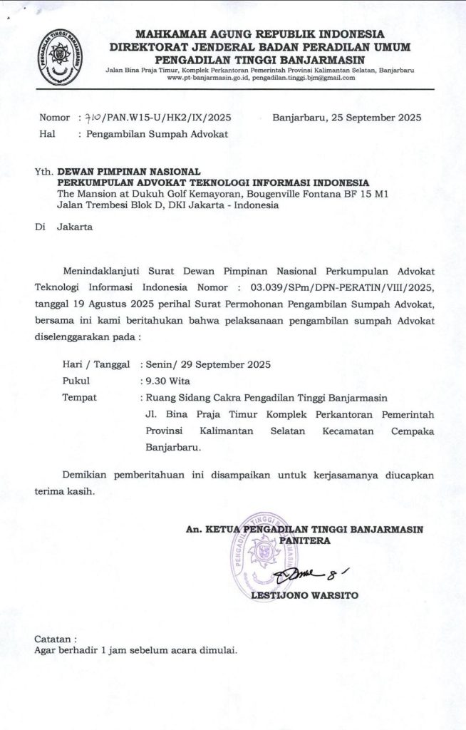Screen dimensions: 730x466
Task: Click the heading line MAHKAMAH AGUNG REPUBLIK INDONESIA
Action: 259,34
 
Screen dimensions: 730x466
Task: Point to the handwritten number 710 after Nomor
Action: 93,118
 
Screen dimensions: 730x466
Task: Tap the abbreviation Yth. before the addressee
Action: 43,172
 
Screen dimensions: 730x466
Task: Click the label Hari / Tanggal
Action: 96,364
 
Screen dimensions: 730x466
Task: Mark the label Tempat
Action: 80,397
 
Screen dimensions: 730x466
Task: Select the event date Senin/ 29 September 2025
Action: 208,364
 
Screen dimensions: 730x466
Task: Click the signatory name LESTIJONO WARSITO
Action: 305,595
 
